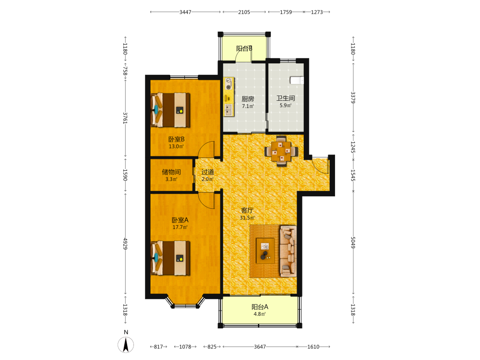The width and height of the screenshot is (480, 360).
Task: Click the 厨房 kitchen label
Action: (248, 99)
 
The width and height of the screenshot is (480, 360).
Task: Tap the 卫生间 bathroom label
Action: (286, 98)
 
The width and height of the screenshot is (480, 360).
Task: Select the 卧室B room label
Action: (176, 139)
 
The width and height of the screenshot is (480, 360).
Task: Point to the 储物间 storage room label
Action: (171, 172)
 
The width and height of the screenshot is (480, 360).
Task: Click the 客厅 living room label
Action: (247, 210)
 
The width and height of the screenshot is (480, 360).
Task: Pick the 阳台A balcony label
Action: (260, 307)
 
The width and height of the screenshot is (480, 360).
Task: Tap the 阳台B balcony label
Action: (244, 48)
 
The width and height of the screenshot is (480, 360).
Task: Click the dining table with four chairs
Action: (281, 151)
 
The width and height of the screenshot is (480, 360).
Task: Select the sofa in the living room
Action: (288, 251)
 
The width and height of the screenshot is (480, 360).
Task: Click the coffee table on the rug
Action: (265, 251)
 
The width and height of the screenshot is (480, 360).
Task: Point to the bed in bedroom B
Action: (170, 110)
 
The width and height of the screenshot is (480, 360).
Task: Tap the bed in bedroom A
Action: (170, 258)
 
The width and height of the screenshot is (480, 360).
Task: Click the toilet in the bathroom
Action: (297, 80)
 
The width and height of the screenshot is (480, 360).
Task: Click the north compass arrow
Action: (125, 345)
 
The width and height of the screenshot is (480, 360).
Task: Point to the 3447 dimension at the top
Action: (185, 12)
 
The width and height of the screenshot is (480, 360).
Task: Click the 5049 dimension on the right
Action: (353, 242)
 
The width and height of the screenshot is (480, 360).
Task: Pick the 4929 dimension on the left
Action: (125, 244)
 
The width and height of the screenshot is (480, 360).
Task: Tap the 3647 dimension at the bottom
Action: (260, 347)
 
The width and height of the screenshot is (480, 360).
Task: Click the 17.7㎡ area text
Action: (180, 227)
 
